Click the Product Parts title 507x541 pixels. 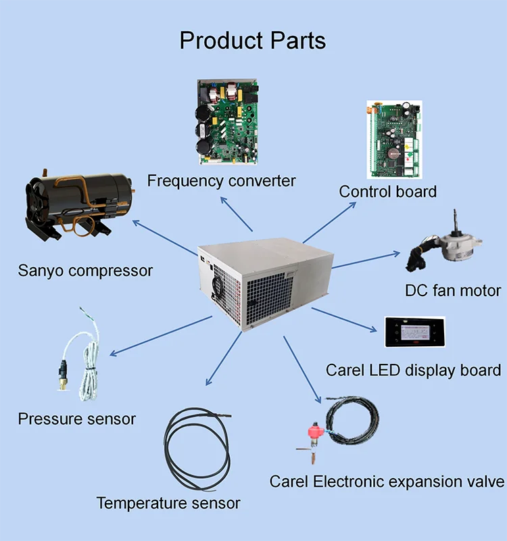coord(252,41)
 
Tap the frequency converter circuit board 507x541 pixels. coord(228,122)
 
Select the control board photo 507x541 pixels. coord(394,139)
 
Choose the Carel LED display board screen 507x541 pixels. coord(415,331)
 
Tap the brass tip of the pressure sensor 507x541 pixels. coord(63,383)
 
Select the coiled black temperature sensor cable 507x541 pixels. coord(197,448)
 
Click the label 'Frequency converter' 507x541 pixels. coord(222,181)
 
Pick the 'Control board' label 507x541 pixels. coord(387,192)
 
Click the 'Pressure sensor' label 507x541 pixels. coord(77,419)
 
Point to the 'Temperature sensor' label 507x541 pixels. coord(168,503)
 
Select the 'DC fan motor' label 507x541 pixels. coord(453,291)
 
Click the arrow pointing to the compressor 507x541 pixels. coord(165,238)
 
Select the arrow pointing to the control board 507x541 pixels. coord(329,222)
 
